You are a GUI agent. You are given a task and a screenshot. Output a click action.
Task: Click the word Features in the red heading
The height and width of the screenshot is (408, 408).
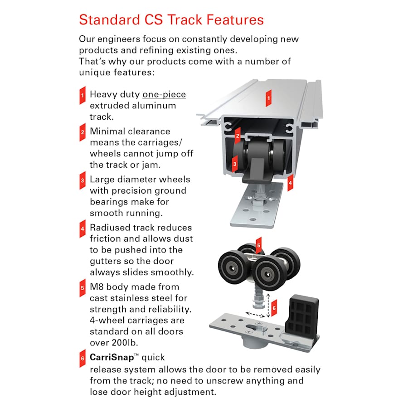pyautogui.click(x=228, y=20)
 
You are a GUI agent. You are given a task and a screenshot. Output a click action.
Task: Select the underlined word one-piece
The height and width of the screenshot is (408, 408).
pyautogui.click(x=164, y=94)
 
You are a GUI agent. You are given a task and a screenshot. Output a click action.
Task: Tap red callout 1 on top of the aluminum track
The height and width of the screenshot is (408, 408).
pyautogui.click(x=268, y=97)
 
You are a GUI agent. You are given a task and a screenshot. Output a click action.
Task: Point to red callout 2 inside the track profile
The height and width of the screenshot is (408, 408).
pyautogui.click(x=237, y=134)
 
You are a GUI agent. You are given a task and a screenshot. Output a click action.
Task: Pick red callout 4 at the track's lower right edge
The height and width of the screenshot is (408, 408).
pyautogui.click(x=291, y=183)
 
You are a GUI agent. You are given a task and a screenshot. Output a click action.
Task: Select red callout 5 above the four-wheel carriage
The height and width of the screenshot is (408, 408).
pyautogui.click(x=258, y=247)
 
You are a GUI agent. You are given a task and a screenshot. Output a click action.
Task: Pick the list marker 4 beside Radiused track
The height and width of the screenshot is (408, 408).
pyautogui.click(x=83, y=228)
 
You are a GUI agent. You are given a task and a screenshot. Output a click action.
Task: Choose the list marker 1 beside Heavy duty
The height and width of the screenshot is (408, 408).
pyautogui.click(x=83, y=95)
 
